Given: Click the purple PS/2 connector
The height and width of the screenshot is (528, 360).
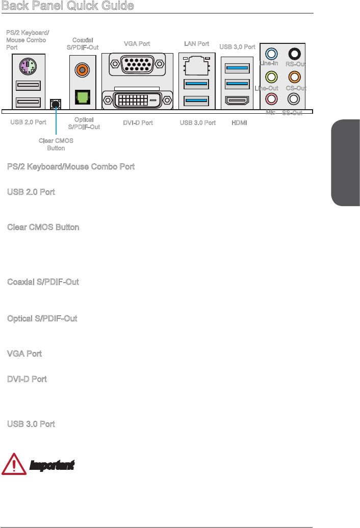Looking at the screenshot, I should [x=27, y=66].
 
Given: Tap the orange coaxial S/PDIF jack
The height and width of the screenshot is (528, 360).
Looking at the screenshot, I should [x=81, y=68].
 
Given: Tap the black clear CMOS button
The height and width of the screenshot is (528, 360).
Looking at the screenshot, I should [x=56, y=104].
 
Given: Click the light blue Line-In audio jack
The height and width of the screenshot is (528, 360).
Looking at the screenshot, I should [x=273, y=53].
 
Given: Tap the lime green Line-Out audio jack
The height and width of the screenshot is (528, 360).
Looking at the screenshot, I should [x=273, y=77].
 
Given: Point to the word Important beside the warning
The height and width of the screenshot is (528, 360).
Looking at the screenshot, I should [x=52, y=465].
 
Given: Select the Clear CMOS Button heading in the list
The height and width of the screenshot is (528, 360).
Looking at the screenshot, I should [x=43, y=227].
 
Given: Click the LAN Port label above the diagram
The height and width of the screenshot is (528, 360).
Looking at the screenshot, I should [x=196, y=44].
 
